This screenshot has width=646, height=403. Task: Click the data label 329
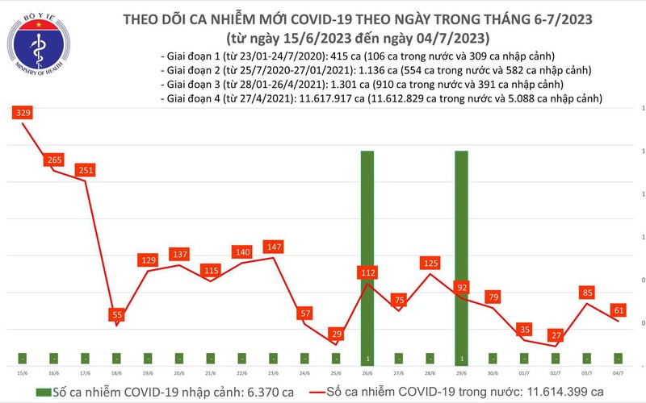pyautogui.click(x=22, y=114)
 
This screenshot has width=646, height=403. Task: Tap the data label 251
pyautogui.click(x=86, y=170)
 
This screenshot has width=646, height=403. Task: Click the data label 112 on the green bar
pyautogui.click(x=367, y=273)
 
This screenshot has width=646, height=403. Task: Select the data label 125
pyautogui.click(x=430, y=262)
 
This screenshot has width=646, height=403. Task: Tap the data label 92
pyautogui.click(x=463, y=286)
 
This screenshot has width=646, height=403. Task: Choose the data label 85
pyautogui.click(x=588, y=293)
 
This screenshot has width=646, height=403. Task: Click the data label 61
pyautogui.click(x=619, y=309)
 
